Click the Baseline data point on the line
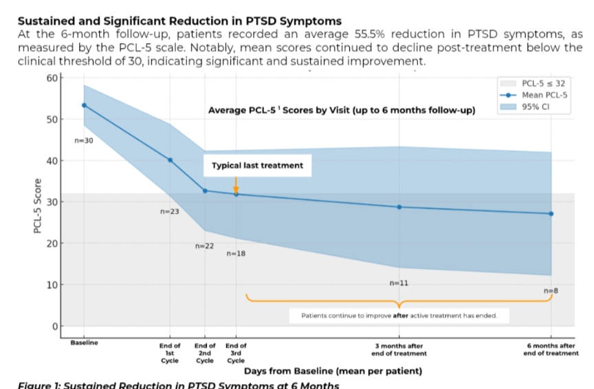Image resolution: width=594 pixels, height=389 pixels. point(84,105)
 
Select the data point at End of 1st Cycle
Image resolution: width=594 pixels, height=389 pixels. point(170,160)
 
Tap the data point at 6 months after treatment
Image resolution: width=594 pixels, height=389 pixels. point(551,214)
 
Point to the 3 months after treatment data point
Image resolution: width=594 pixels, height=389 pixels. point(399,207)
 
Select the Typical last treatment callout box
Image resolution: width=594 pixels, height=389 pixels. point(256,166)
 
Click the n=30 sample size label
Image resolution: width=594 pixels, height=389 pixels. point(84,141)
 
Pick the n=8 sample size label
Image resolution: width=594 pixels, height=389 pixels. point(551,291)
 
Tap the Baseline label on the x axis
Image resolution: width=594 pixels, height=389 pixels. point(84,342)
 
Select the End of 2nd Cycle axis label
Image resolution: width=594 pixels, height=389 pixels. point(204,353)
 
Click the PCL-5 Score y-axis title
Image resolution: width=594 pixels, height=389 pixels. point(38,206)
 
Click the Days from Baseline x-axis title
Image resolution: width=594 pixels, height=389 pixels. point(333,371)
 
